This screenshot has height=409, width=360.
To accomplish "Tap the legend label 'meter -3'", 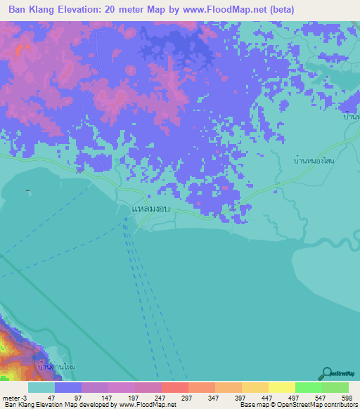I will pyautogui.click(x=15, y=398).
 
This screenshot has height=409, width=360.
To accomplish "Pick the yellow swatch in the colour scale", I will pyautogui.click(x=281, y=387).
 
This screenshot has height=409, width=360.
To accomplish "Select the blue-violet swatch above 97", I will pyautogui.click(x=68, y=387).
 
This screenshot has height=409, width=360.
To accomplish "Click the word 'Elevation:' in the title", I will pyautogui.click(x=84, y=10).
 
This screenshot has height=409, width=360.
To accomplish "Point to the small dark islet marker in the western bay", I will pyautogui.click(x=27, y=190).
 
